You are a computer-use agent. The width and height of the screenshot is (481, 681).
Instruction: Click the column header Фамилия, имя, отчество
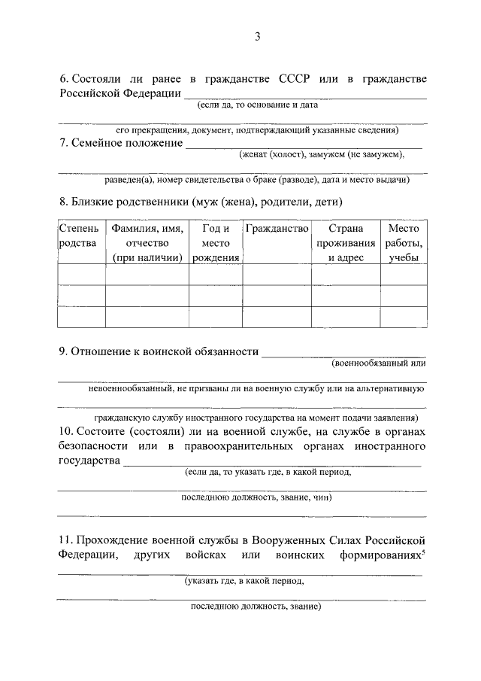tap(147, 242)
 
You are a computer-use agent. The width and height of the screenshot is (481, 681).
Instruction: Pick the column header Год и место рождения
tap(215, 242)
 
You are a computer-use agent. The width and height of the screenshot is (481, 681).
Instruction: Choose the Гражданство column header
tap(277, 228)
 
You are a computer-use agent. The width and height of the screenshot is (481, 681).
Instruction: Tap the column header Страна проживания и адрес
tap(345, 242)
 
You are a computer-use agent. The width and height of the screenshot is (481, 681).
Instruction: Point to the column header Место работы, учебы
tap(404, 242)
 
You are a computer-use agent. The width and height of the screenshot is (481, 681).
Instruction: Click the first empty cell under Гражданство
tap(277, 275)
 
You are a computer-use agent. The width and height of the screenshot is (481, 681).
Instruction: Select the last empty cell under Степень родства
tap(80, 317)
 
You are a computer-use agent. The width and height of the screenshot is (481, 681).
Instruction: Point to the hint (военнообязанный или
tap(379, 363)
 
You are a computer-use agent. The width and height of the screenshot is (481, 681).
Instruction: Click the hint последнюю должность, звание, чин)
tap(256, 497)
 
